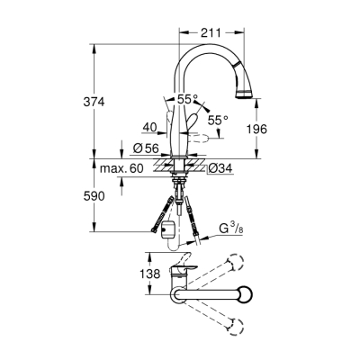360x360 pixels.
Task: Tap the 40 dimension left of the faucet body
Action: [x=150, y=128]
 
